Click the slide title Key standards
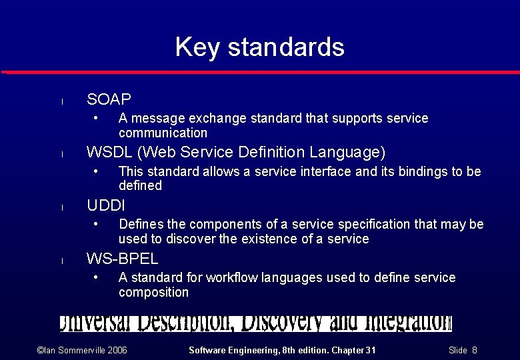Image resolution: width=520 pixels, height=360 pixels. pyautogui.click(x=259, y=47)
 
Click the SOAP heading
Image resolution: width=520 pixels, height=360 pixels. pyautogui.click(x=109, y=100)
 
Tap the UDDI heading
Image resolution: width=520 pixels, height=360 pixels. pyautogui.click(x=105, y=205)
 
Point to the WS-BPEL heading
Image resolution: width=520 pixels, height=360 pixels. pyautogui.click(x=122, y=259)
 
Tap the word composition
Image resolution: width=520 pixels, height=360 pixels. pyautogui.click(x=153, y=293)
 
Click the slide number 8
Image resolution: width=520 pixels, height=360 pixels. pyautogui.click(x=474, y=351)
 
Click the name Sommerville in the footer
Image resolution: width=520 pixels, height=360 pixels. pyautogui.click(x=73, y=351)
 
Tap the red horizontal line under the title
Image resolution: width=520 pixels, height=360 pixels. pyautogui.click(x=260, y=71)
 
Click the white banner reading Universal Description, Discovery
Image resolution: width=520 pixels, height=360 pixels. pyautogui.click(x=255, y=323)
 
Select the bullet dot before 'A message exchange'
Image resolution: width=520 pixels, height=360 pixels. pyautogui.click(x=96, y=118)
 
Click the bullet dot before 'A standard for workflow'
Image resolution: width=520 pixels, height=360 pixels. pyautogui.click(x=96, y=277)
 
